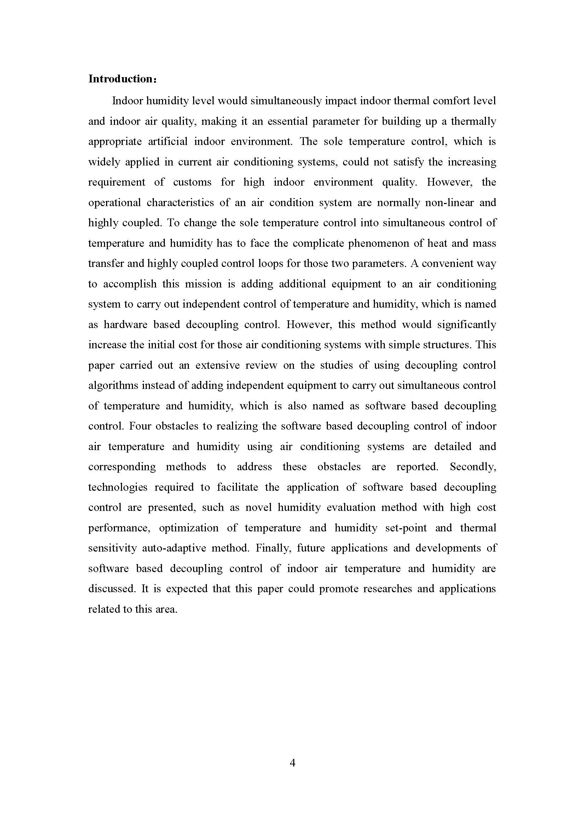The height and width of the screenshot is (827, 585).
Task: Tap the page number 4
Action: coord(292,763)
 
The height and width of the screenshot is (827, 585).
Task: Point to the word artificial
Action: coord(168,141)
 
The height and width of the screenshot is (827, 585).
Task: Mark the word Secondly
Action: coord(473,467)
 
